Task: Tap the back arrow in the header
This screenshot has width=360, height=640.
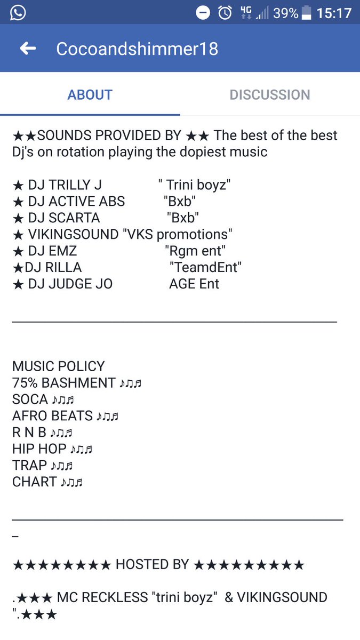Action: click(28, 49)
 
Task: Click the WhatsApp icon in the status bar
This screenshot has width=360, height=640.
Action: click(18, 13)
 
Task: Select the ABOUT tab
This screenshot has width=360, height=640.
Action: click(90, 95)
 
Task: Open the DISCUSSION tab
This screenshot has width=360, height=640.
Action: click(270, 95)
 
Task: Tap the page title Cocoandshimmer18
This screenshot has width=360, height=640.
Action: click(137, 49)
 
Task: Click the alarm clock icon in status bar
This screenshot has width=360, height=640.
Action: click(225, 13)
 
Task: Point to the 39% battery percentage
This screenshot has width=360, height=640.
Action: click(285, 13)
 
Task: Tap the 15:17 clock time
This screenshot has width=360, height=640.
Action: click(334, 13)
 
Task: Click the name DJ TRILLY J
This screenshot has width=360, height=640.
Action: click(65, 185)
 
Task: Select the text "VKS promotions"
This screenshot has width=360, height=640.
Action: click(177, 235)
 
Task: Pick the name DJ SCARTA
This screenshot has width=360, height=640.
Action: click(64, 218)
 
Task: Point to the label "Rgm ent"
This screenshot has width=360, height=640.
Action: click(195, 251)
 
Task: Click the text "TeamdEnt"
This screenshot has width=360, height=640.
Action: click(205, 267)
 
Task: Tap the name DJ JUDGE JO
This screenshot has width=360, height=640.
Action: click(70, 284)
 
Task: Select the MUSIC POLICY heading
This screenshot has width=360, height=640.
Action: click(59, 366)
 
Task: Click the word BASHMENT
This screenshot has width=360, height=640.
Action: click(78, 383)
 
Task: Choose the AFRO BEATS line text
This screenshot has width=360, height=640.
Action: click(53, 415)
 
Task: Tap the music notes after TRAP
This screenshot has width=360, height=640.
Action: click(62, 466)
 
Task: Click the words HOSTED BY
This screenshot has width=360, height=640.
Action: click(153, 565)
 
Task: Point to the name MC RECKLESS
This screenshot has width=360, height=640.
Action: click(102, 597)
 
